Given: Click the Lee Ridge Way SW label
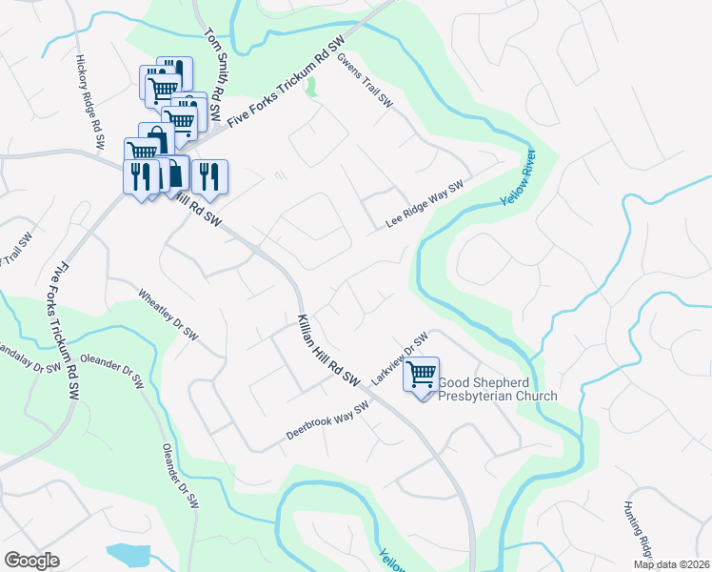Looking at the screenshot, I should pyautogui.click(x=424, y=205).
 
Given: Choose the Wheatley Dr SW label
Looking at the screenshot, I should pyautogui.click(x=168, y=315).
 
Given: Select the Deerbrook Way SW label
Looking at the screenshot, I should pyautogui.click(x=326, y=420).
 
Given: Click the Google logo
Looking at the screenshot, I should pyautogui.click(x=32, y=561).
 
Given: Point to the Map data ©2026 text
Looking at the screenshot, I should pyautogui.click(x=673, y=564).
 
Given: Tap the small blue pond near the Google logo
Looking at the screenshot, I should pyautogui.click(x=129, y=554).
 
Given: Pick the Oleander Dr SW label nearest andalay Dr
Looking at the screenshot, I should pyautogui.click(x=111, y=369).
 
